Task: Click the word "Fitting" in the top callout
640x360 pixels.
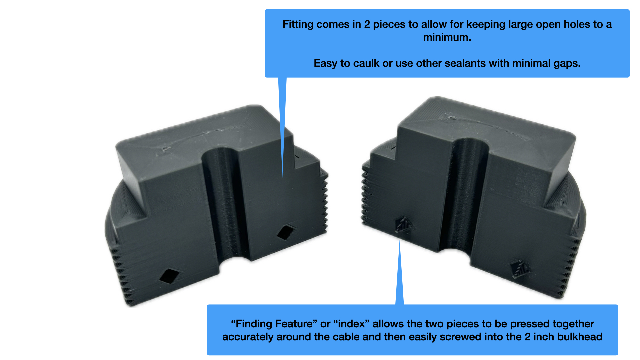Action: click(298, 25)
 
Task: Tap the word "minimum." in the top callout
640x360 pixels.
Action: click(447, 37)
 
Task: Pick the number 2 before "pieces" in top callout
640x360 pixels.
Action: click(367, 25)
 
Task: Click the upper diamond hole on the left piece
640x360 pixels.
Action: click(286, 232)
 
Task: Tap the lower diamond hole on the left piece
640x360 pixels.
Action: click(169, 276)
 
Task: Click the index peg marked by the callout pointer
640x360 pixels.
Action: click(404, 224)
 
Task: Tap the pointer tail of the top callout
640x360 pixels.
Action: click(282, 127)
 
